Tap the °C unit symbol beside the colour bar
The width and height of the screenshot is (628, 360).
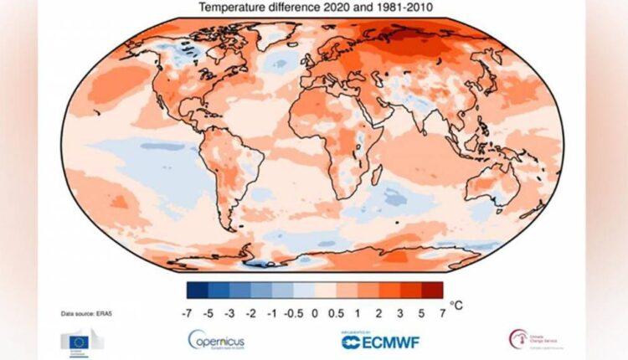[x=456, y=306]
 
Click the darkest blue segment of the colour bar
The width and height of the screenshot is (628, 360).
[x=198, y=291]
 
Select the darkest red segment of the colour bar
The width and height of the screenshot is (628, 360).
[x=431, y=291]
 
